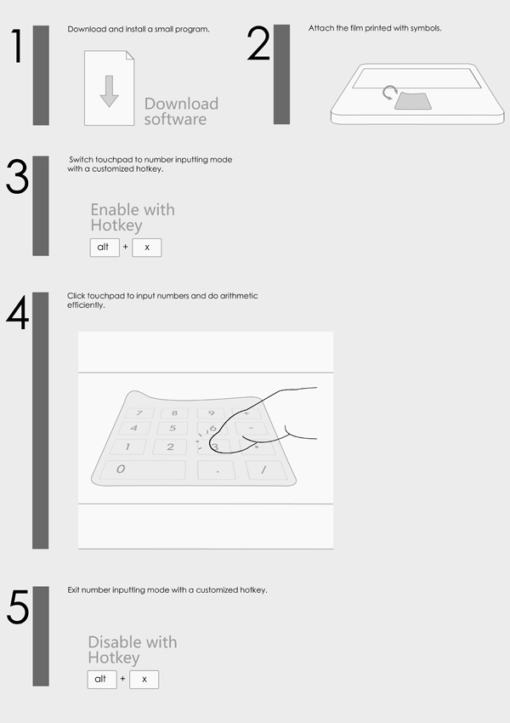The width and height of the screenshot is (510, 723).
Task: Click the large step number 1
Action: click(x=18, y=46)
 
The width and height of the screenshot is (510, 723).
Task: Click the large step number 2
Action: click(x=258, y=43)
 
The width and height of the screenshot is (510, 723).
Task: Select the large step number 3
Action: click(x=18, y=177)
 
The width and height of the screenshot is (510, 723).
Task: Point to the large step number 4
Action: click(x=18, y=313)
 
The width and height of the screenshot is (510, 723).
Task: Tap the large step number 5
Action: click(x=18, y=607)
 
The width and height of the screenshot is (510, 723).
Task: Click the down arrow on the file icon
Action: click(x=109, y=91)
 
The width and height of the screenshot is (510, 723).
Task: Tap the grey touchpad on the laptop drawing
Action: click(x=413, y=101)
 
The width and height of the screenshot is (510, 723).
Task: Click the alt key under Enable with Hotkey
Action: click(x=105, y=248)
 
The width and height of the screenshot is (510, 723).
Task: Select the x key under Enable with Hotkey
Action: click(x=147, y=248)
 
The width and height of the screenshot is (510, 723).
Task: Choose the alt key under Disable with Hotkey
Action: click(x=102, y=680)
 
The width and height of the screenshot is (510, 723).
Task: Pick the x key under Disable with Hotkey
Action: click(x=144, y=680)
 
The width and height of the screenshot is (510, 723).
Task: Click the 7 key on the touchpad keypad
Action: click(x=139, y=413)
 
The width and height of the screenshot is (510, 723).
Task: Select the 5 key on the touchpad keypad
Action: click(x=173, y=429)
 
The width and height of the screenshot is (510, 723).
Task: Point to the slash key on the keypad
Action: click(x=266, y=470)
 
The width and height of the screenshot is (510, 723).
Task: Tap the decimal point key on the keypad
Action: click(x=217, y=470)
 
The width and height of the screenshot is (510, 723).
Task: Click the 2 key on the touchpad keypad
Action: click(x=170, y=447)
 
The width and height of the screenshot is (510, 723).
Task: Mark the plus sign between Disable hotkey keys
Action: click(x=122, y=679)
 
